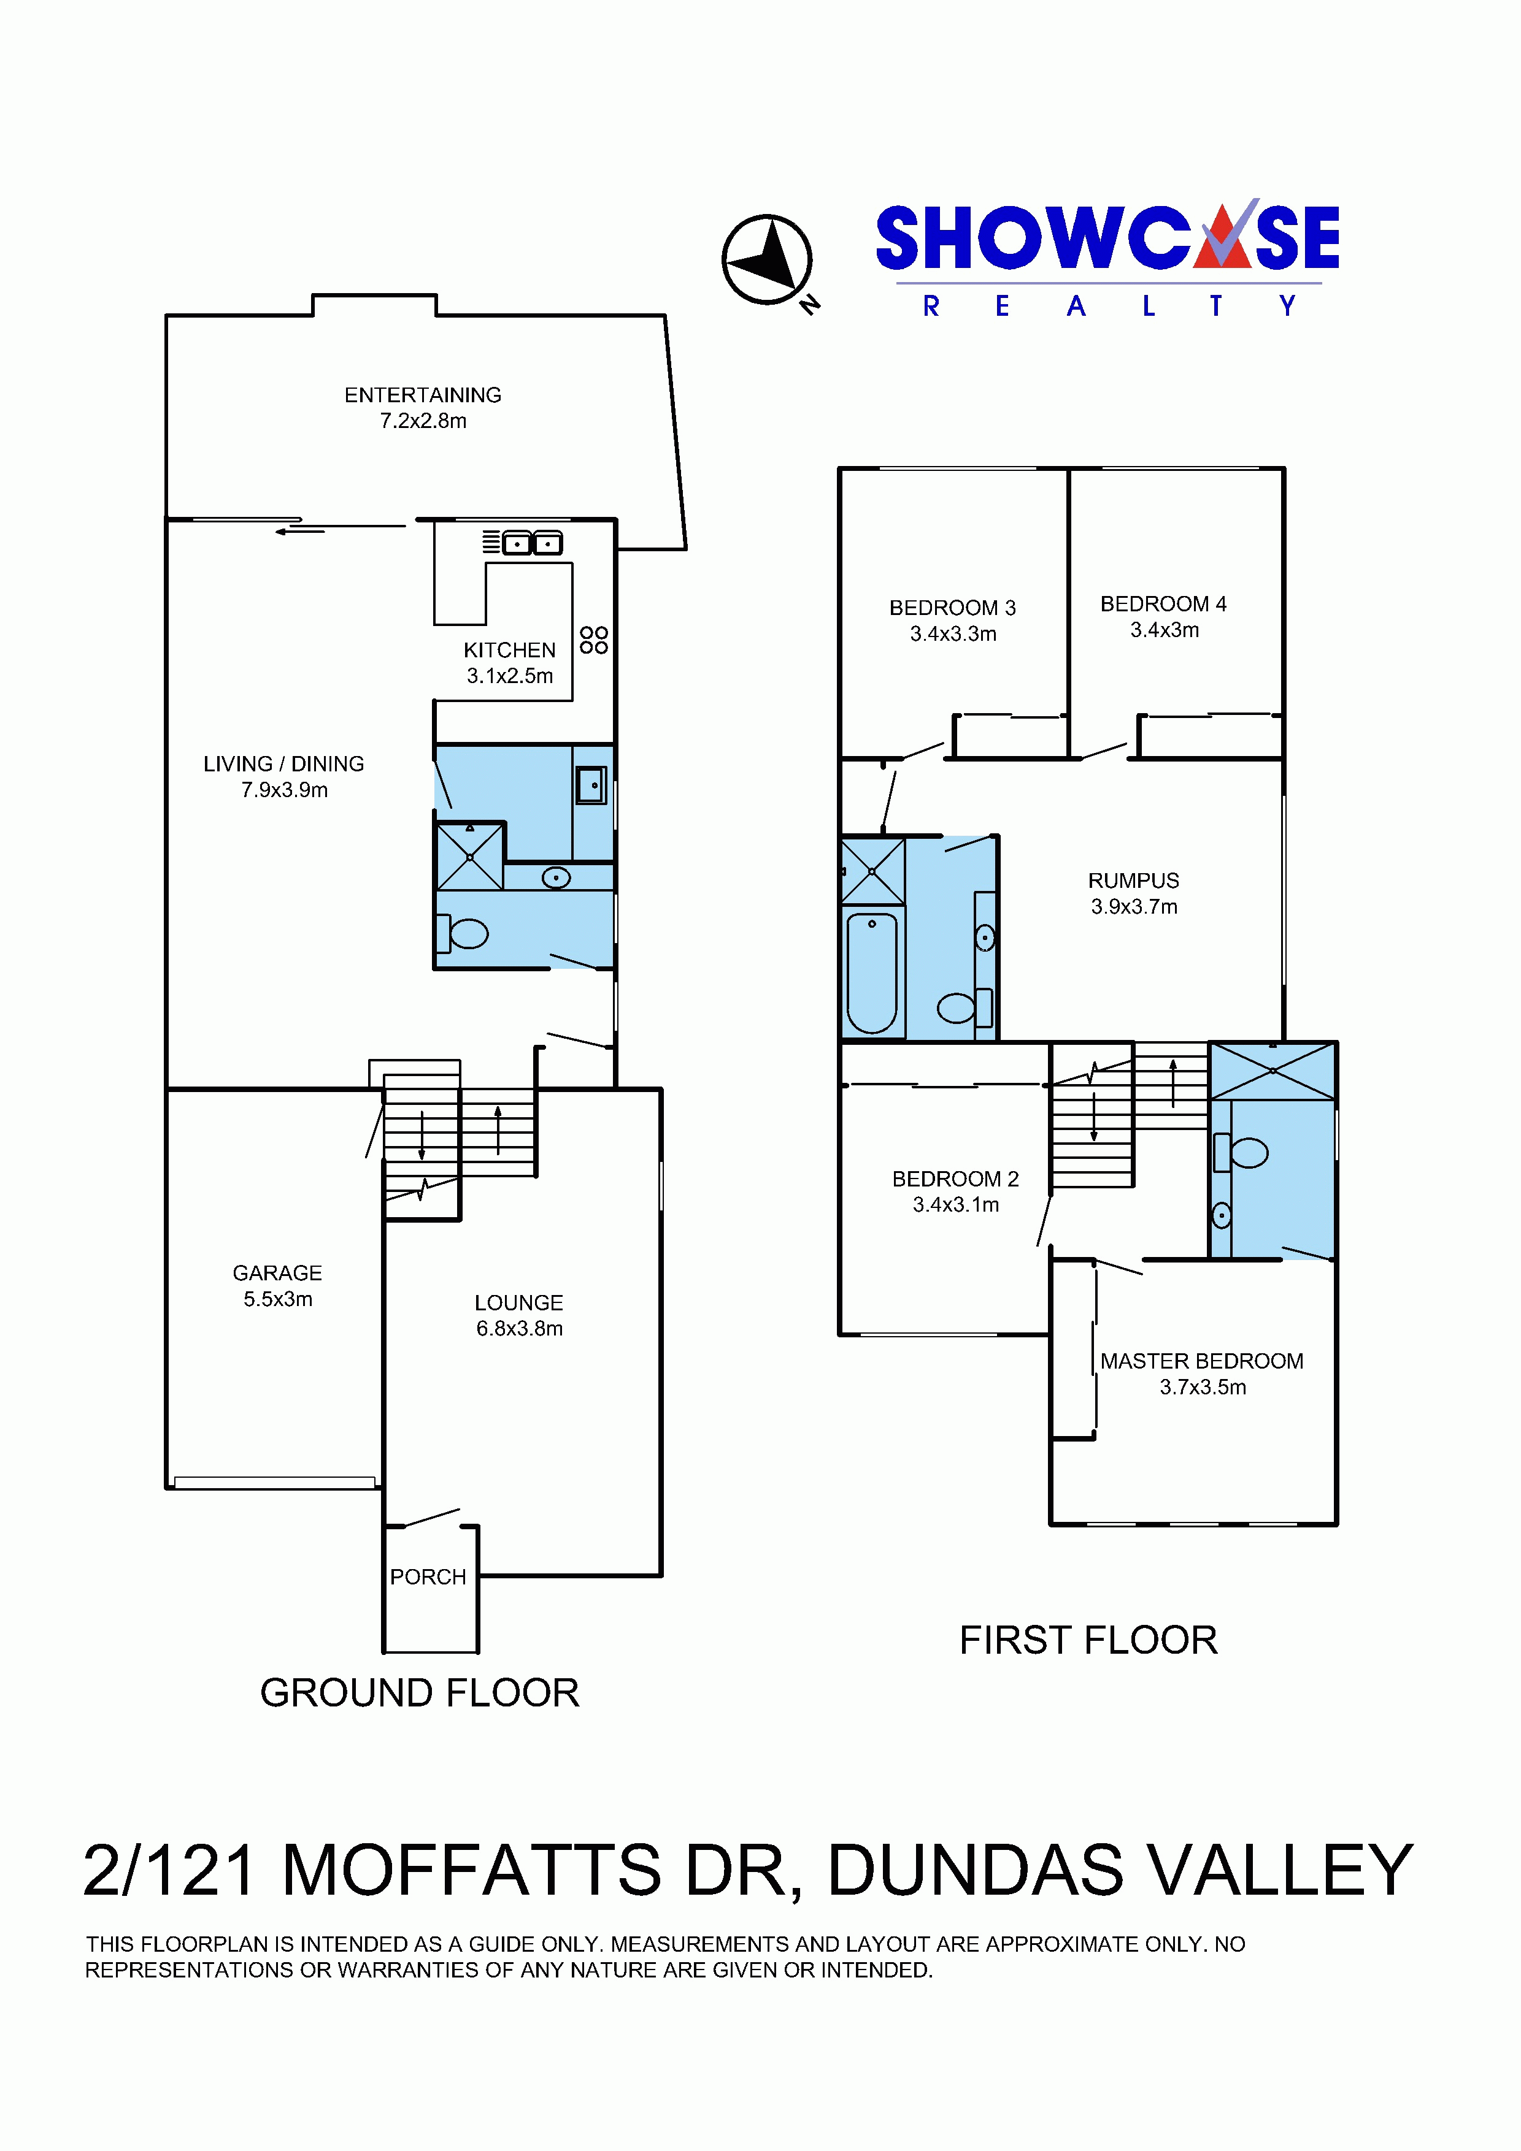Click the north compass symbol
click(768, 261)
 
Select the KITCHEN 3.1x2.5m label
click(510, 662)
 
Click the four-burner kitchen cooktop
click(594, 640)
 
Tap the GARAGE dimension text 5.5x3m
click(279, 1299)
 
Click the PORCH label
click(428, 1576)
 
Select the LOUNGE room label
click(519, 1302)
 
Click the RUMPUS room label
click(1134, 881)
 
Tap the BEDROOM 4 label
click(1163, 604)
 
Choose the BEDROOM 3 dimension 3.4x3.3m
click(953, 634)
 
